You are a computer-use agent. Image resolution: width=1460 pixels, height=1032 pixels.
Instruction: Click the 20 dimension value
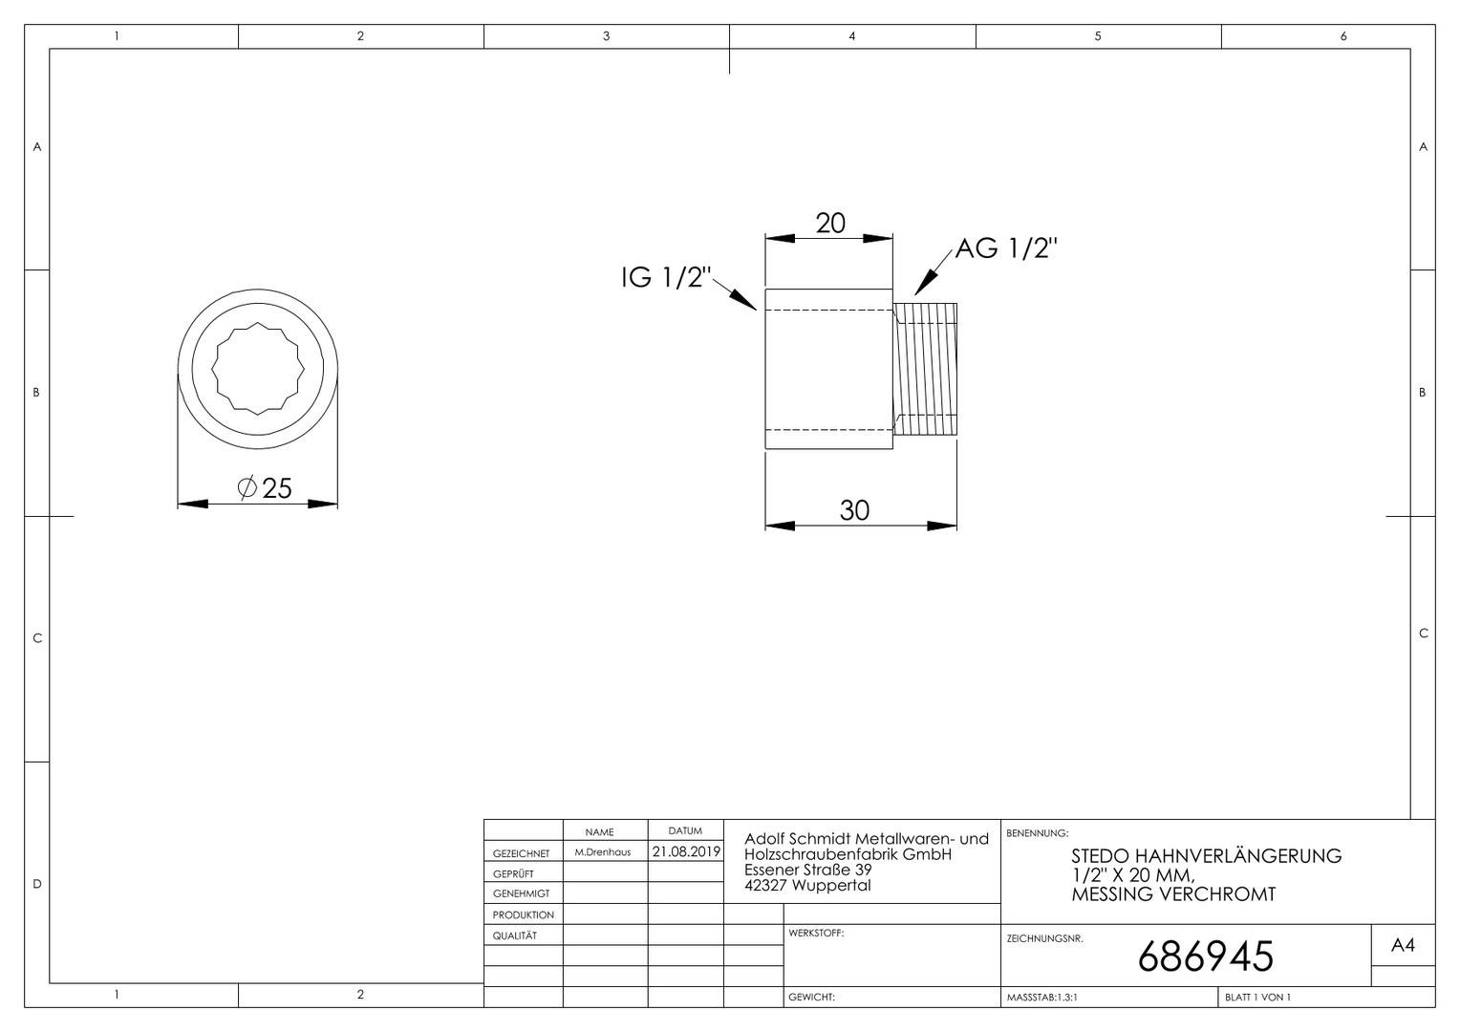pyautogui.click(x=830, y=224)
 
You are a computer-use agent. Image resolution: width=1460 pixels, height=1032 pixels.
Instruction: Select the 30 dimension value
pyautogui.click(x=854, y=510)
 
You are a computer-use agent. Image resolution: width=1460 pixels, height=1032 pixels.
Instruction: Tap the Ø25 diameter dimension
pyautogui.click(x=265, y=488)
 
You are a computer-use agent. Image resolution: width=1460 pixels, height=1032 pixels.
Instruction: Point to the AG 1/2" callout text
pyautogui.click(x=1006, y=247)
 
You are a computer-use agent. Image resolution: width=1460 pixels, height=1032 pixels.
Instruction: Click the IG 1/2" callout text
pyautogui.click(x=666, y=277)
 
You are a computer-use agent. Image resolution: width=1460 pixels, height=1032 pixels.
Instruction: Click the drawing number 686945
pyautogui.click(x=1206, y=957)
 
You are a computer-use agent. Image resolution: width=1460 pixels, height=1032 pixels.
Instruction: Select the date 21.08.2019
pyautogui.click(x=686, y=851)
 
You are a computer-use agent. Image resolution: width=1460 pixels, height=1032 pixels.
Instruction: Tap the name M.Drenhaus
pyautogui.click(x=602, y=852)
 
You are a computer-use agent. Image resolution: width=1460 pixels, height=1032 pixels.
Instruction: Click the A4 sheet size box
pyautogui.click(x=1403, y=945)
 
